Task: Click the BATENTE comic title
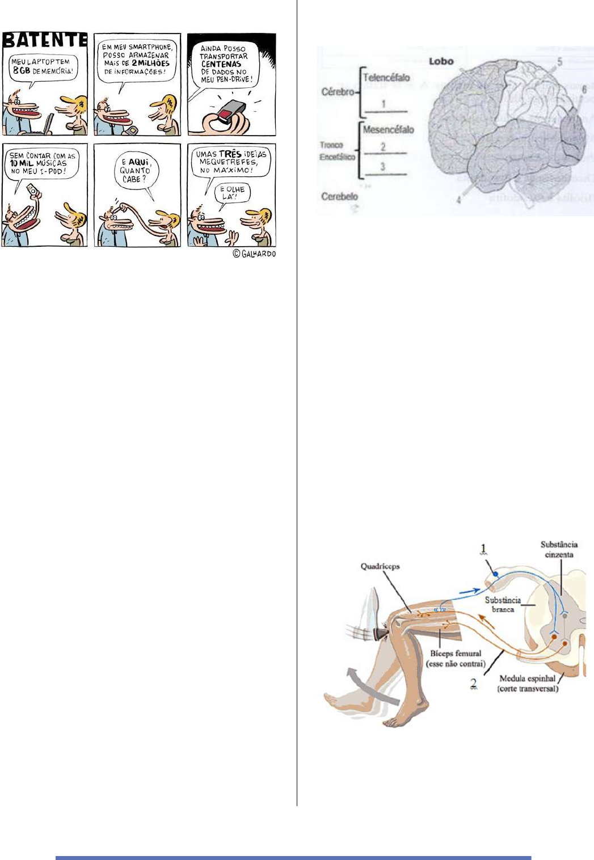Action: (45, 40)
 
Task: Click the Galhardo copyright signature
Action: (254, 254)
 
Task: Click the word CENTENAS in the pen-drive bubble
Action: (221, 64)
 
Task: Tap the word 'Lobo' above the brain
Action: (441, 61)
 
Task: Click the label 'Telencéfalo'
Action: (386, 78)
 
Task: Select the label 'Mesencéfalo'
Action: (388, 130)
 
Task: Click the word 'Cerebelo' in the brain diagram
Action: (339, 196)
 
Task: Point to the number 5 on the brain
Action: (559, 62)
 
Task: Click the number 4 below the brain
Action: (458, 200)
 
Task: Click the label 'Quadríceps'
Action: (380, 566)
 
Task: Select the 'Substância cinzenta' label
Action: (559, 549)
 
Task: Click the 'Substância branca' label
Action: (503, 604)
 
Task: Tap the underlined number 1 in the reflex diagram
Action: (484, 549)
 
